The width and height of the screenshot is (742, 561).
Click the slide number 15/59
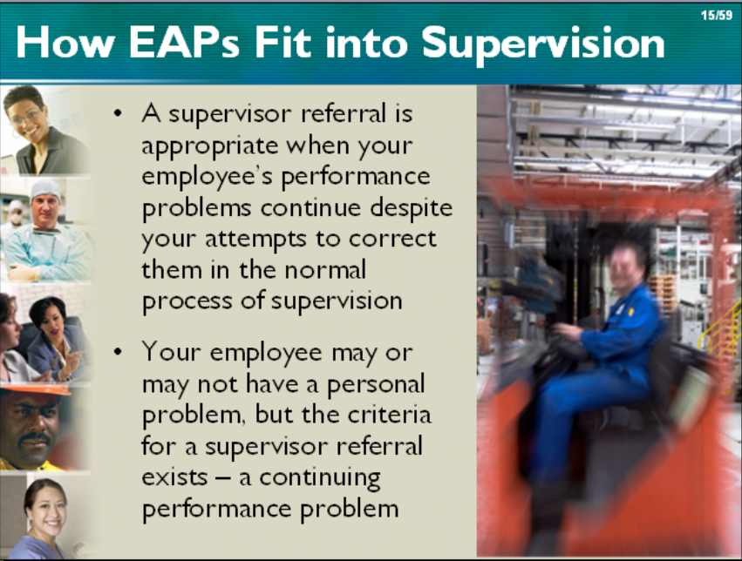(717, 16)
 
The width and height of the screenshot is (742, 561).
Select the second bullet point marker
(118, 352)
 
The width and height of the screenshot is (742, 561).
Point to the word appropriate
(209, 147)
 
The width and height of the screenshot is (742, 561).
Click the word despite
(412, 207)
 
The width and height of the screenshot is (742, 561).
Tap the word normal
(325, 270)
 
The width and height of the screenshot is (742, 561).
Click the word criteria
(390, 415)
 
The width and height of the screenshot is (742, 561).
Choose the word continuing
(319, 479)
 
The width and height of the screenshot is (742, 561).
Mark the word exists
(174, 477)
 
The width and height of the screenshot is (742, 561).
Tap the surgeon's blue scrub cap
(45, 189)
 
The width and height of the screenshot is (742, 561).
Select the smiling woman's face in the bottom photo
(46, 508)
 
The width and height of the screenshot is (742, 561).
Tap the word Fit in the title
(283, 43)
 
